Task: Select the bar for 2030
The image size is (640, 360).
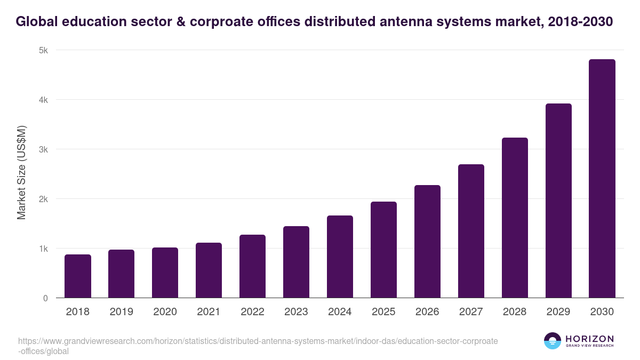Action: click(x=602, y=179)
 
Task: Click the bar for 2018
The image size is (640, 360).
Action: click(x=78, y=276)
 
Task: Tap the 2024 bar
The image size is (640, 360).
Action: click(x=340, y=257)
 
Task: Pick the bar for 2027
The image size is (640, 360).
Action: click(x=471, y=231)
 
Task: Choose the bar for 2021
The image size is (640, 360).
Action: click(x=209, y=270)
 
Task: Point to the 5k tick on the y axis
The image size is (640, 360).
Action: click(x=43, y=50)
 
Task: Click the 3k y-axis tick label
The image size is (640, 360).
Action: click(x=43, y=149)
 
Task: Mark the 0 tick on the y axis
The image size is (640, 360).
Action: click(x=45, y=298)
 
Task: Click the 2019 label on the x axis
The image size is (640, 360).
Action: click(x=122, y=312)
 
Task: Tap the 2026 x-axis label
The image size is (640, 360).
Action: click(x=427, y=312)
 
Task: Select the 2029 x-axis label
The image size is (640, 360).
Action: click(x=558, y=312)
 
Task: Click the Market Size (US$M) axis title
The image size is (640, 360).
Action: click(x=21, y=173)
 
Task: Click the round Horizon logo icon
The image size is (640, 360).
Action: click(x=553, y=341)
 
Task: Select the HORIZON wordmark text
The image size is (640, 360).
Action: click(x=589, y=339)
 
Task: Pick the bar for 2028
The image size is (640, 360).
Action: click(x=515, y=218)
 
